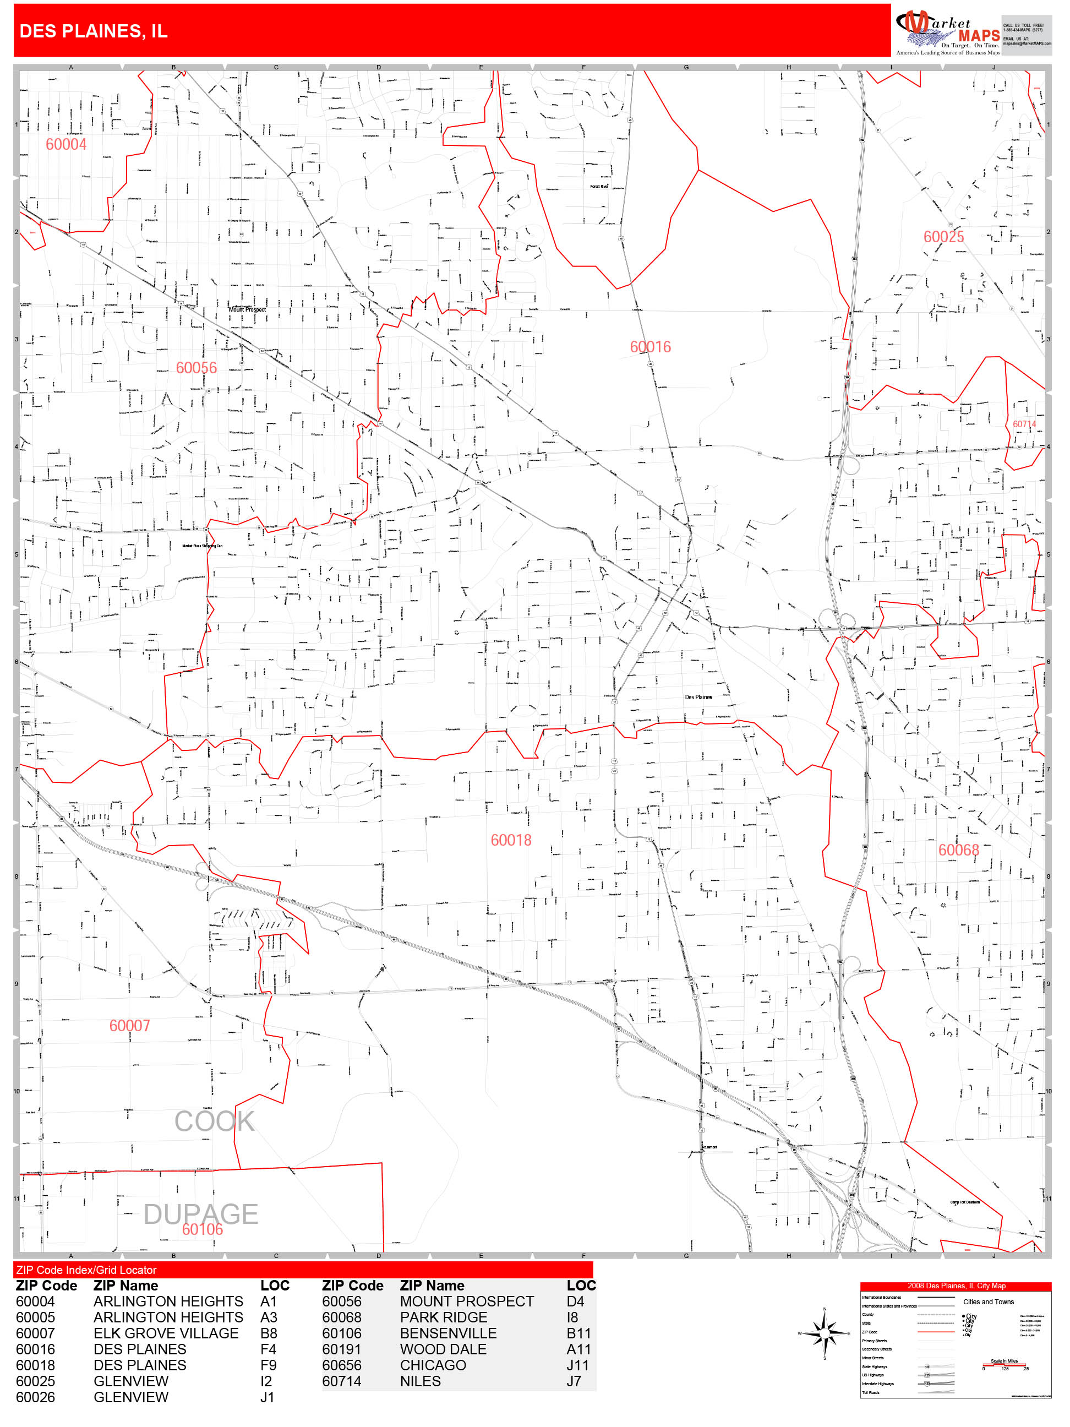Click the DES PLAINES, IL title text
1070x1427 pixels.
[x=94, y=31]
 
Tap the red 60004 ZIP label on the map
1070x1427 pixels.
[x=66, y=144]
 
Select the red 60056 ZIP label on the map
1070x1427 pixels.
[x=196, y=368]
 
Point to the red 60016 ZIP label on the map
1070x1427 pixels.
[x=650, y=347]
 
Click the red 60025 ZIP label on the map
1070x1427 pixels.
[x=943, y=237]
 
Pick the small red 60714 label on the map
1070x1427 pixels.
[x=1024, y=424]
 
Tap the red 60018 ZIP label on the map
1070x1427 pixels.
[x=511, y=840]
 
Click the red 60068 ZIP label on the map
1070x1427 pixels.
[x=958, y=850]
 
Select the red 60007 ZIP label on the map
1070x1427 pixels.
[x=130, y=1026]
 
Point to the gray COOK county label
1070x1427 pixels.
[x=214, y=1121]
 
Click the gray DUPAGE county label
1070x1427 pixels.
[x=200, y=1214]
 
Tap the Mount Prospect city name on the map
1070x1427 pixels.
[x=247, y=309]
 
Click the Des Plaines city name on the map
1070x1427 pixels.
[x=698, y=697]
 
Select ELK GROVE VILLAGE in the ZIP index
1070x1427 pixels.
[x=166, y=1333]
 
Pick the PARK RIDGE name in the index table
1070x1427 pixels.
[x=443, y=1317]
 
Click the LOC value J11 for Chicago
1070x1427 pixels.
[x=577, y=1365]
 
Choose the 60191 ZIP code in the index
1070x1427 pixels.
[x=342, y=1349]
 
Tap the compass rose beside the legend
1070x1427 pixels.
[x=825, y=1332]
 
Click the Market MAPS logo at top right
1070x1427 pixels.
[x=947, y=31]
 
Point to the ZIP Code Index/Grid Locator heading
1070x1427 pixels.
[x=86, y=1270]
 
